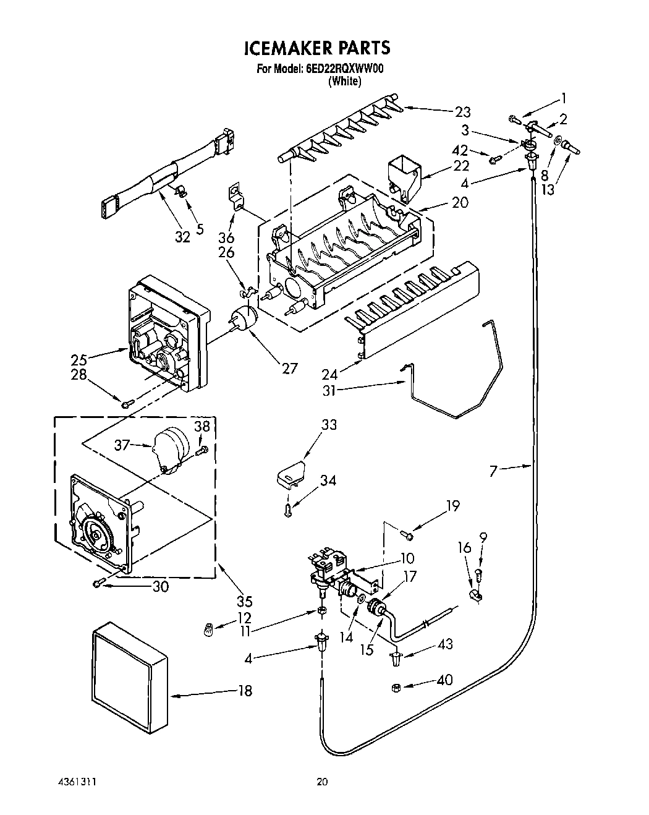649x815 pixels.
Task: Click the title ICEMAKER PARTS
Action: (317, 48)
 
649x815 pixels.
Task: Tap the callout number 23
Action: (462, 112)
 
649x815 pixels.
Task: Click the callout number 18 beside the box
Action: (245, 691)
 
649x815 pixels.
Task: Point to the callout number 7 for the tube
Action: (493, 472)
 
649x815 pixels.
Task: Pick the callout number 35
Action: (244, 600)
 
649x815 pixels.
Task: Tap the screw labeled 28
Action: (127, 404)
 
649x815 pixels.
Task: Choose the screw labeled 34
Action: (288, 510)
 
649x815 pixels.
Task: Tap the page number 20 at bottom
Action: (322, 782)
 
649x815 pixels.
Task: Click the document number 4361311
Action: (75, 782)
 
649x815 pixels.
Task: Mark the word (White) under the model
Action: (344, 81)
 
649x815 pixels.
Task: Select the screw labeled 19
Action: (407, 534)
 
